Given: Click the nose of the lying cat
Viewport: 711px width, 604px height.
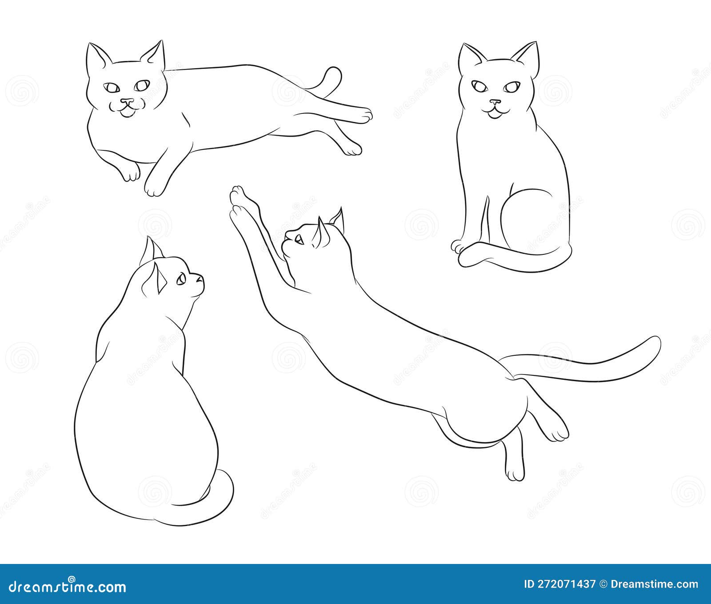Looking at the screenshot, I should coord(128,102).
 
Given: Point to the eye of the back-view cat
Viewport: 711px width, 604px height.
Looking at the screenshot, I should coord(181,280).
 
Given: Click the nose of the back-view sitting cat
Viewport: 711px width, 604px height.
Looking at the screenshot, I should coord(201,278).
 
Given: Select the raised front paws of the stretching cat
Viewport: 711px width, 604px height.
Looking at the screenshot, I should coord(239,200).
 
